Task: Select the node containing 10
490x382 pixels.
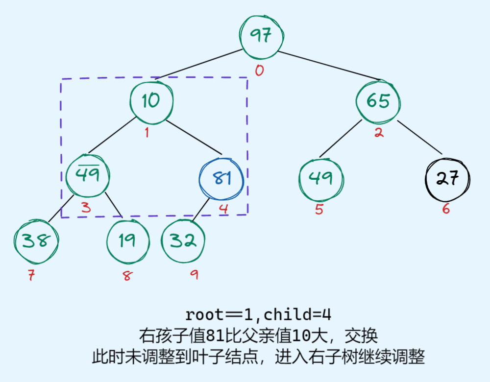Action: tap(151, 101)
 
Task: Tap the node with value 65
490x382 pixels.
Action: tap(378, 101)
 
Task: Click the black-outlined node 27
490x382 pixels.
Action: tap(446, 178)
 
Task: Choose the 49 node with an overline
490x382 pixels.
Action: tap(88, 175)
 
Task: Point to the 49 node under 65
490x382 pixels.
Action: tap(321, 178)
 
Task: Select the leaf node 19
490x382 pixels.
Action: tap(127, 241)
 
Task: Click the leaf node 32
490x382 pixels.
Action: tap(183, 241)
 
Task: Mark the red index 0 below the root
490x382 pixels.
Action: tap(259, 71)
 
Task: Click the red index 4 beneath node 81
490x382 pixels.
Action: tap(223, 209)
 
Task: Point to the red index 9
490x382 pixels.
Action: tap(194, 276)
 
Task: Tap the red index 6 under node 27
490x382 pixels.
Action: tap(446, 209)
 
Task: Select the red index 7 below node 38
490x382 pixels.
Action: tap(31, 276)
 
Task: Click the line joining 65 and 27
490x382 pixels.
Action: tap(420, 138)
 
